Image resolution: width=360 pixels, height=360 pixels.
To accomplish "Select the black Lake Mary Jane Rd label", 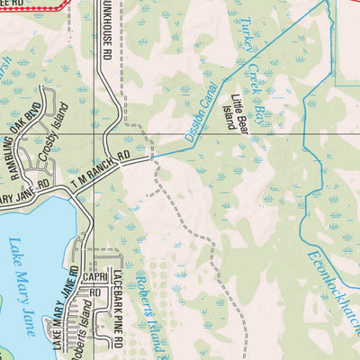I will coord(72,310).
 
